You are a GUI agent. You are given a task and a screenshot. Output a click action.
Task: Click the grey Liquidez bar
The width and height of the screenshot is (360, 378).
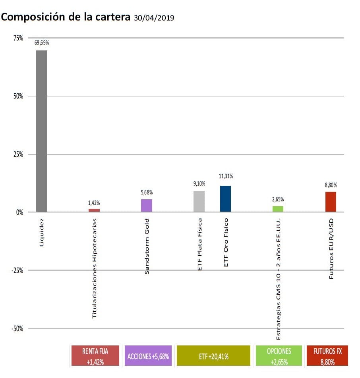point(42,131)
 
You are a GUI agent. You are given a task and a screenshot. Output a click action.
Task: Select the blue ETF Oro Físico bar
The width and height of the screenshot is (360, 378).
point(226,199)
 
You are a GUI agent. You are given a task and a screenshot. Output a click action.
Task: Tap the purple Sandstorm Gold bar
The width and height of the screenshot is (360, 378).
point(147,206)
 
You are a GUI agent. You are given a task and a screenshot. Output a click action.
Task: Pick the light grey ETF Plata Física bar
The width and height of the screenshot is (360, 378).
point(199,202)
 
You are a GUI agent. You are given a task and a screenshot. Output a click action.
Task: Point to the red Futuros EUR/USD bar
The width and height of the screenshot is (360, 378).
point(331,202)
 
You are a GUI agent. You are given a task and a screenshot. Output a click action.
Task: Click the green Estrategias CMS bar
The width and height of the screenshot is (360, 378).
point(278,209)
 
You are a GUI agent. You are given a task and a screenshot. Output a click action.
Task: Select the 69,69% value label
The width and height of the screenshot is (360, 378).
point(42,43)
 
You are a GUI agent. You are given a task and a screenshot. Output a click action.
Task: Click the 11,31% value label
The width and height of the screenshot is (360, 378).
point(226,176)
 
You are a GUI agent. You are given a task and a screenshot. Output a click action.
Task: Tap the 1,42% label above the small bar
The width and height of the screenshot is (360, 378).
point(94,202)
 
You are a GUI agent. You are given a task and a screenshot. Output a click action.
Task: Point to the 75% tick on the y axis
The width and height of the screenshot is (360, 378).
point(17,38)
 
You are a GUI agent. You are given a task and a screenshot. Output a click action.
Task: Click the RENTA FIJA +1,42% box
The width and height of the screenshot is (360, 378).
point(95,355)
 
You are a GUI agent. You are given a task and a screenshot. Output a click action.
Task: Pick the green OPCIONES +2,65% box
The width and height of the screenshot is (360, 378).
point(279,355)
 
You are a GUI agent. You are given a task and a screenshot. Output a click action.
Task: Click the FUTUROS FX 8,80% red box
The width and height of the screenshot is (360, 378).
point(328,355)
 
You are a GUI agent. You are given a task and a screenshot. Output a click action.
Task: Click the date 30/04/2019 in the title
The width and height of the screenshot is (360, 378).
point(154,18)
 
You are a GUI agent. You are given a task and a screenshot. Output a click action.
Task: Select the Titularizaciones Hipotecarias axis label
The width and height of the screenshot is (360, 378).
point(95,268)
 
